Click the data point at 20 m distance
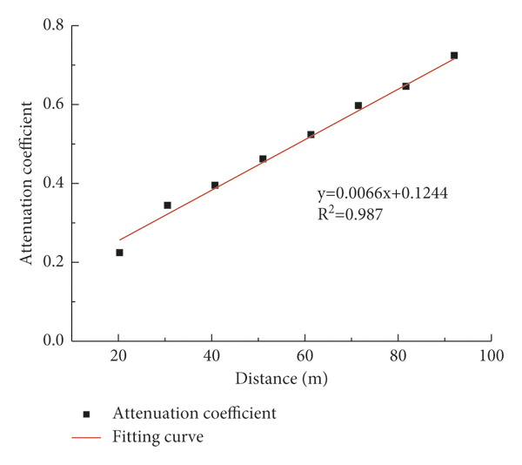(x=119, y=253)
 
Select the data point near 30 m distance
(x=167, y=206)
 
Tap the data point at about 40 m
(x=215, y=185)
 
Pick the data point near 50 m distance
(x=263, y=158)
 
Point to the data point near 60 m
(x=311, y=134)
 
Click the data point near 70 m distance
(x=358, y=105)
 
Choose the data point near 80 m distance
(x=405, y=86)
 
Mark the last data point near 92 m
(x=453, y=56)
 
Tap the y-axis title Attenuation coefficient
(x=29, y=182)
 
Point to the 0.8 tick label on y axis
(x=53, y=25)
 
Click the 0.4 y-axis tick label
(x=53, y=184)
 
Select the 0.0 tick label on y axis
(x=53, y=341)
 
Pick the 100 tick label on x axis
(x=492, y=357)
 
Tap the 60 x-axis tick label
(x=304, y=357)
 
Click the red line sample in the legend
(x=86, y=437)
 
